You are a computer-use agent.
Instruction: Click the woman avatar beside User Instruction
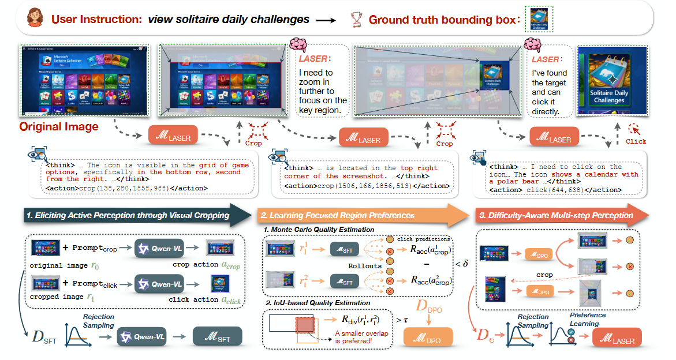click(x=36, y=20)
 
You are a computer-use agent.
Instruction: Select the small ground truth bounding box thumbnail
click(x=539, y=19)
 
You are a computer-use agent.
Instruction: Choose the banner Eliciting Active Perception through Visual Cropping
click(x=127, y=215)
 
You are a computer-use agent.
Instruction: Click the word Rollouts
click(x=365, y=266)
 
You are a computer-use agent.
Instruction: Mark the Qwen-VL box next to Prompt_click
click(x=156, y=285)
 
